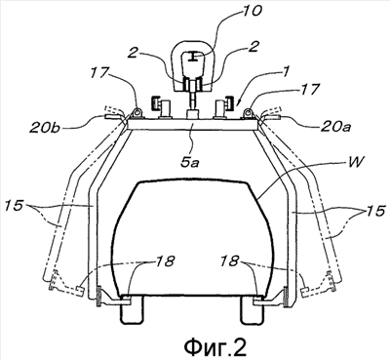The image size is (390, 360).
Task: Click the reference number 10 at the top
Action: [251, 12]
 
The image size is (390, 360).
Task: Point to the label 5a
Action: [190, 162]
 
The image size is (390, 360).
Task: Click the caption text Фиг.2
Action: [215, 346]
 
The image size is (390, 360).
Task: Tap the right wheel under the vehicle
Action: [251, 310]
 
